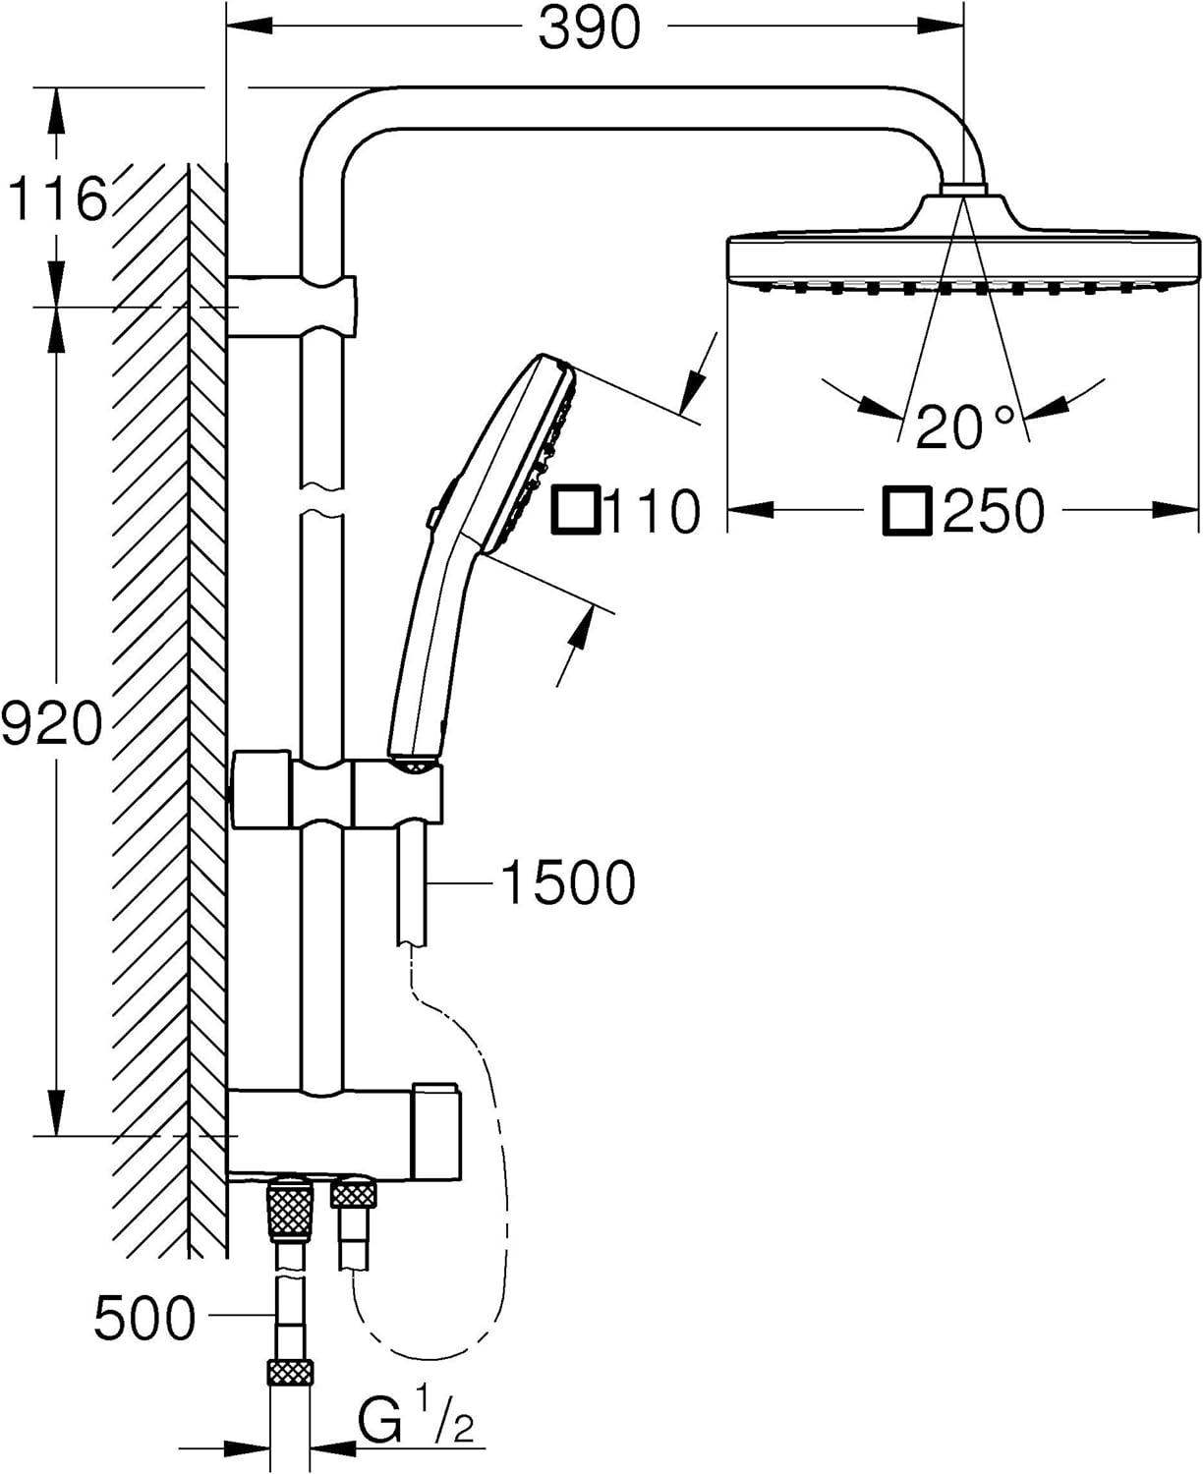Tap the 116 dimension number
click(57, 199)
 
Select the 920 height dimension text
click(51, 722)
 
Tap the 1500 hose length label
click(568, 883)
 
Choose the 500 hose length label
click(144, 1318)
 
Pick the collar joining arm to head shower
click(963, 189)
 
